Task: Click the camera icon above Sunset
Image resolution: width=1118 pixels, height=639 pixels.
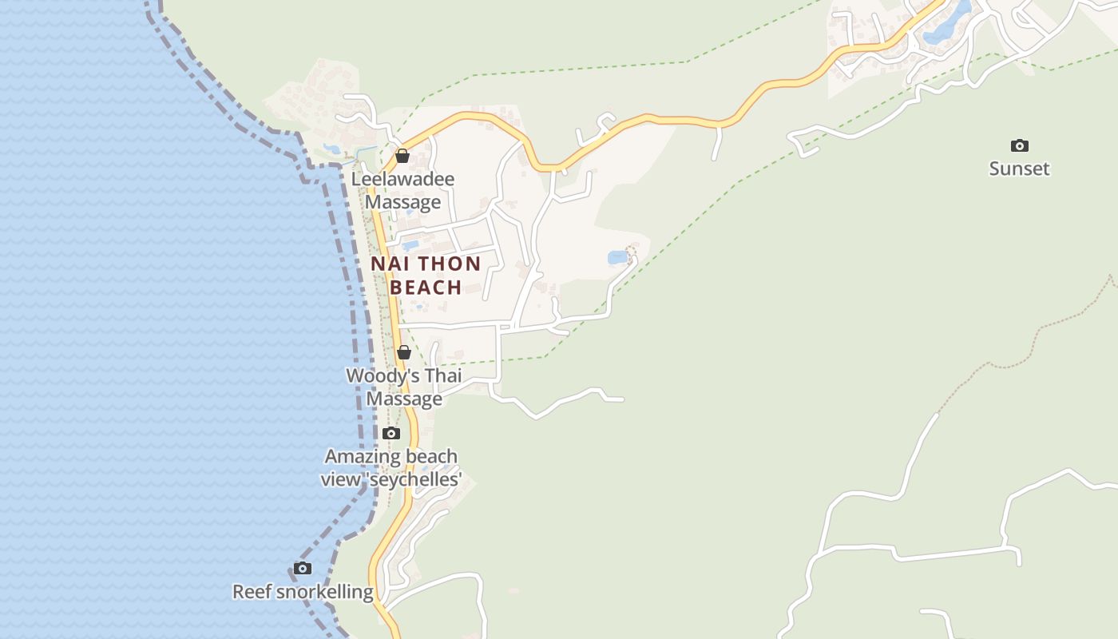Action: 1019,145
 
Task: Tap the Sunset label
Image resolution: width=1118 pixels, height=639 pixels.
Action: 1019,169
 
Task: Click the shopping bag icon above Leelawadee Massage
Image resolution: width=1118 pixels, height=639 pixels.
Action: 402,156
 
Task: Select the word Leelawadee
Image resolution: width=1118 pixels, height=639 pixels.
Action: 402,179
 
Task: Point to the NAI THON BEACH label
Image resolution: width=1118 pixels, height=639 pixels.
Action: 426,276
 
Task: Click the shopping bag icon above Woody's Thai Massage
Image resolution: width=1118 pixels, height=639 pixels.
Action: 404,352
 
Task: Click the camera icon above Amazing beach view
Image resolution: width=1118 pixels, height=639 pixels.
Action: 391,434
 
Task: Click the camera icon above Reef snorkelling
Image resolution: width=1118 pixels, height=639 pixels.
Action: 303,569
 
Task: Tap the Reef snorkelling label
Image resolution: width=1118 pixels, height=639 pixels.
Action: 303,592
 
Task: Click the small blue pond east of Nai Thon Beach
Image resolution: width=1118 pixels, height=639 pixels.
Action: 617,257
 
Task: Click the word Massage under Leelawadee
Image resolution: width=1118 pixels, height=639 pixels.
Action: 402,202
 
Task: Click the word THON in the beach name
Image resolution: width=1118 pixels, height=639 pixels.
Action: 450,264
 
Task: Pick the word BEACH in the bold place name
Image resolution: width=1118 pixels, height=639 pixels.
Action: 426,288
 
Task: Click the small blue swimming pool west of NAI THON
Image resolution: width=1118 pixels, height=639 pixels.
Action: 410,245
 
